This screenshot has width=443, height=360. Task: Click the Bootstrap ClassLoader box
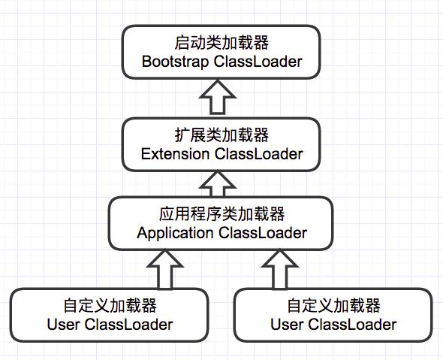coord(221,52)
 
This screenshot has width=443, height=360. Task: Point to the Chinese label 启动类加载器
coord(221,42)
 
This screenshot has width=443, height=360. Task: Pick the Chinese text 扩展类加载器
coord(221,135)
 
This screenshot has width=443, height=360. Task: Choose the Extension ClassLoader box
coord(221,144)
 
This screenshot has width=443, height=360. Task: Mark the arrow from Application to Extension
coord(221,182)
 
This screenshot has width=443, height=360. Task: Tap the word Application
coord(175,233)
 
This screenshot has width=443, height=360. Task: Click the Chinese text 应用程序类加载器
coord(221,214)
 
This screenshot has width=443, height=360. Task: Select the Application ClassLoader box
coord(221,223)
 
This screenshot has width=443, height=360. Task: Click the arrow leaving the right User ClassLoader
coord(279,269)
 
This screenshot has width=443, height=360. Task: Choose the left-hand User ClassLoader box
coord(110,315)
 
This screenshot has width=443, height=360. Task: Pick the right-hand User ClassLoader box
coord(333,315)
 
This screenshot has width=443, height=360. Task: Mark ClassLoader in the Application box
coord(263,233)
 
